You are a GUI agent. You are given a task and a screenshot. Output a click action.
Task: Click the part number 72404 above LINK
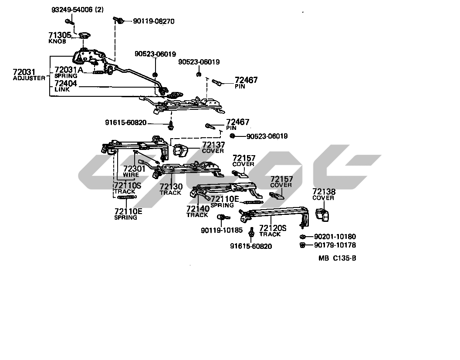point(66,83)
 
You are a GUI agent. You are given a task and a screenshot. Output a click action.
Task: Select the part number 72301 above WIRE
point(132,168)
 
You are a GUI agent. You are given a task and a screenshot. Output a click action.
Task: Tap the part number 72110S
point(127,186)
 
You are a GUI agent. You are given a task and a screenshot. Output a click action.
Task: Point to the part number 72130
point(171,187)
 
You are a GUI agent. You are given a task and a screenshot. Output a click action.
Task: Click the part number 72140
point(198,208)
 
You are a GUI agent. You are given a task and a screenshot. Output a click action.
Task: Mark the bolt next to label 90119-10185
point(221,217)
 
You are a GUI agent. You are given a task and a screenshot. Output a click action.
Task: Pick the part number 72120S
point(273,228)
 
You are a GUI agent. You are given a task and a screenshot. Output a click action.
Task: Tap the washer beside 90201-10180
point(302,237)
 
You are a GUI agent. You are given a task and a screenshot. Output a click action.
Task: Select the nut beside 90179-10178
point(302,245)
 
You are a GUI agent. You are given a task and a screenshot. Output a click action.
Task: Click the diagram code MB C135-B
point(337,258)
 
